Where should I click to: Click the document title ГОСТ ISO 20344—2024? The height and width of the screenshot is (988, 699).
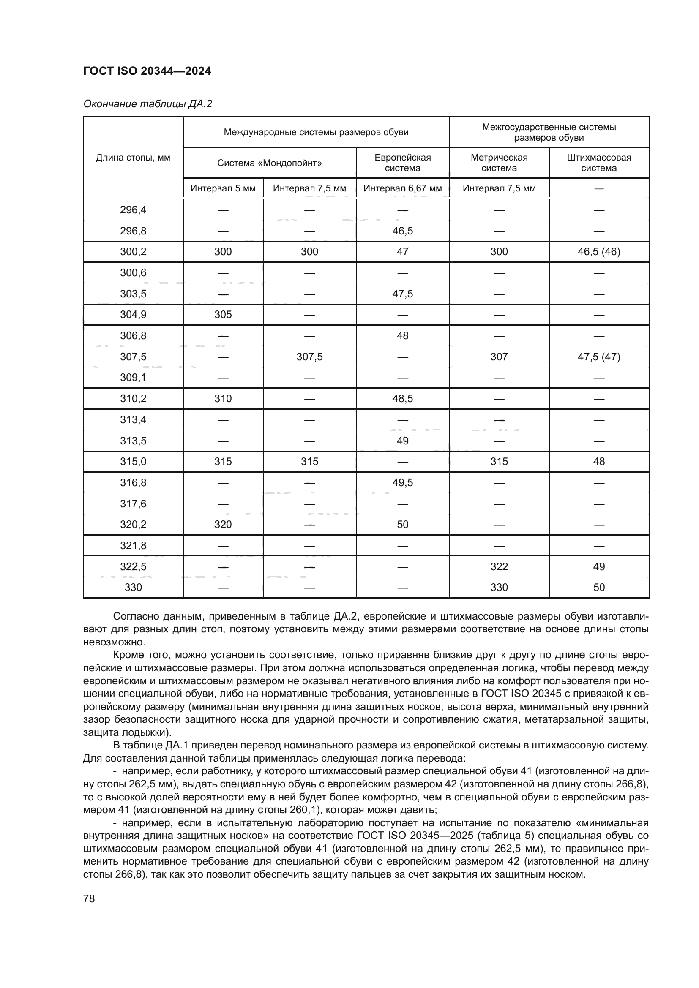[x=147, y=71]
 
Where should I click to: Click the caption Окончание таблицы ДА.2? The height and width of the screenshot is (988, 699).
[x=147, y=104]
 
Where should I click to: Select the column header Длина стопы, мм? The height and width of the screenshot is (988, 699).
[x=133, y=158]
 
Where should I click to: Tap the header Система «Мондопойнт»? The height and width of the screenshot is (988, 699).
[x=270, y=163]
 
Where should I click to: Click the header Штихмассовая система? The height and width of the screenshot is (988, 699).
[x=599, y=163]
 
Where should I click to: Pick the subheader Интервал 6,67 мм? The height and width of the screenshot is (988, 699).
[x=402, y=188]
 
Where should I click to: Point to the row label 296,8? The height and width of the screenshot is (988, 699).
[x=133, y=231]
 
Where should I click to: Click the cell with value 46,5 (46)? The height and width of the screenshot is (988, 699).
[x=599, y=252]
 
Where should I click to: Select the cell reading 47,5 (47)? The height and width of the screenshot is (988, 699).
[x=599, y=357]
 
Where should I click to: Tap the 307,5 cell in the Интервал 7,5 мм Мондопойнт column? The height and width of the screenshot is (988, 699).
[x=309, y=357]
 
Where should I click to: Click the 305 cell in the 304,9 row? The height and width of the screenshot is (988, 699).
[x=223, y=315]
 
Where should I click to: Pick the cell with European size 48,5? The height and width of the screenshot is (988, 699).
[x=402, y=398]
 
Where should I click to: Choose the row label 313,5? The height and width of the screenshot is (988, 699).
[x=133, y=441]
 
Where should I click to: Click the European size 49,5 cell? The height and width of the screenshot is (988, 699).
[x=402, y=482]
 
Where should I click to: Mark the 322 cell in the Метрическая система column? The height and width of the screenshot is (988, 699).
[x=499, y=566]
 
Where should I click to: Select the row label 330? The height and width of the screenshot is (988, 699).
[x=133, y=588]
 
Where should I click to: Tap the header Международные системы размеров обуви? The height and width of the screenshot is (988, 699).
[x=316, y=132]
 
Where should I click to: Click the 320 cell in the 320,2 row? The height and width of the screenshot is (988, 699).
[x=223, y=524]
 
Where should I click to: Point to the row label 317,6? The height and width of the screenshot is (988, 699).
[x=133, y=504]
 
